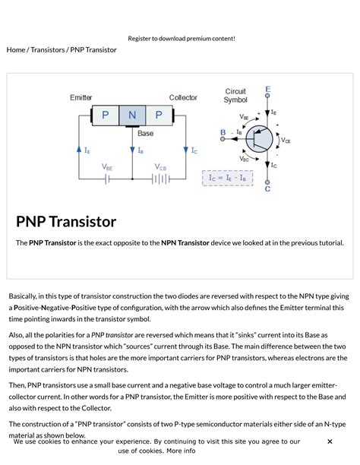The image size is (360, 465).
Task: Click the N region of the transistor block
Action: coord(132,115)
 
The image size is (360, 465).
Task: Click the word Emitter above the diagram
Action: coord(81,98)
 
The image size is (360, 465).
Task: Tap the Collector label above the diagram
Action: coord(183,98)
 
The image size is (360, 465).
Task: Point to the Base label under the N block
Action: coord(145,133)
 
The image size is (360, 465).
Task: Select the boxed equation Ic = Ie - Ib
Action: coord(228,178)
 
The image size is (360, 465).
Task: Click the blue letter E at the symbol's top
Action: coord(267,90)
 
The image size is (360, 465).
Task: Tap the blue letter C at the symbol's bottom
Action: coord(267,188)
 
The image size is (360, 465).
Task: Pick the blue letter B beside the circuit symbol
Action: coord(223,132)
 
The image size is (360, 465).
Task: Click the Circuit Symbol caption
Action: coord(235,96)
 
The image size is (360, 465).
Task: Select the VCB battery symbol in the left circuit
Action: coord(160,179)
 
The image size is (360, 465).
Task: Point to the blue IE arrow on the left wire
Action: coord(79,150)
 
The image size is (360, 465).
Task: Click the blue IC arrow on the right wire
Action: coord(185,150)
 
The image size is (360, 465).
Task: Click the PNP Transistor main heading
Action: coord(66,222)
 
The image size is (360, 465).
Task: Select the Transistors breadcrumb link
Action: coord(47,49)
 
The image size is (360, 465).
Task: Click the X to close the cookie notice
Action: coord(330,441)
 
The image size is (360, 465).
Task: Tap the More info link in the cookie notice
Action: coord(181,451)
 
